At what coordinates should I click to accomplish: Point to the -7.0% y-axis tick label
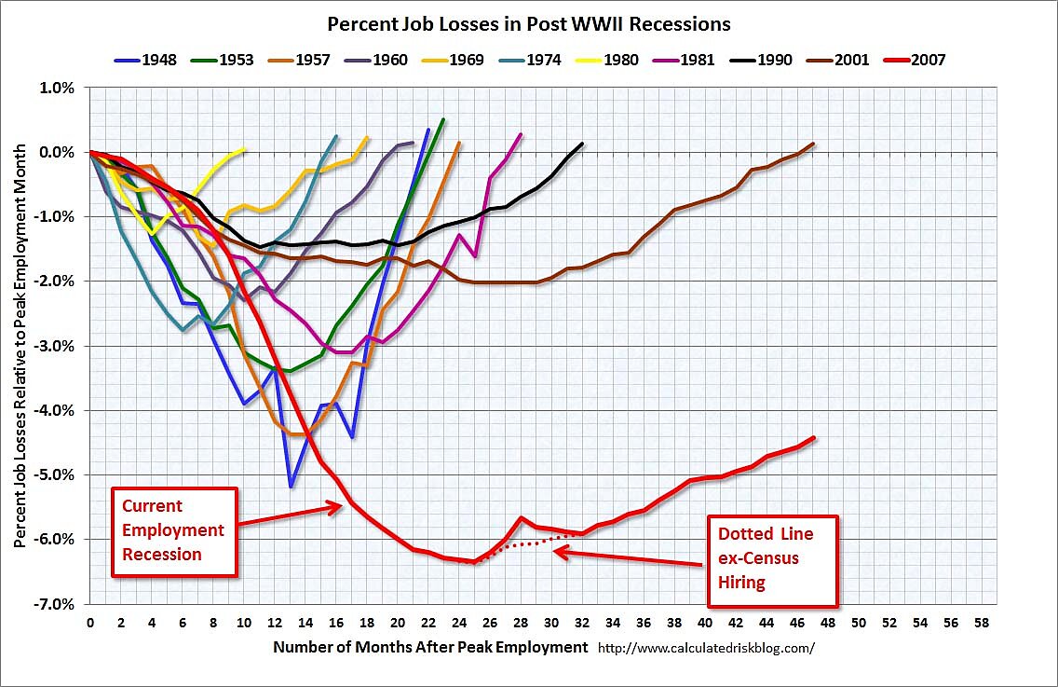click(x=56, y=604)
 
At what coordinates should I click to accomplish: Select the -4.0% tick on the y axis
click(x=56, y=410)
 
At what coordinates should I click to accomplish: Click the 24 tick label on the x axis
click(x=458, y=622)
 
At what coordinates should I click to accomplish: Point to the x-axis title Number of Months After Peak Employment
click(x=431, y=646)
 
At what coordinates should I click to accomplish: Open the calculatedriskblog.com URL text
click(x=705, y=647)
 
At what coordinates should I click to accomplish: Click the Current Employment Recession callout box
click(x=173, y=530)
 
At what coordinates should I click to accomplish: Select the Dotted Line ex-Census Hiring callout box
click(x=772, y=559)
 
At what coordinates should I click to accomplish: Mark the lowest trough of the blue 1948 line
click(x=291, y=487)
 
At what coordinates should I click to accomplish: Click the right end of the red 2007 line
click(x=814, y=437)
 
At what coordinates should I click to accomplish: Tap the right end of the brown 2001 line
click(x=813, y=144)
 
